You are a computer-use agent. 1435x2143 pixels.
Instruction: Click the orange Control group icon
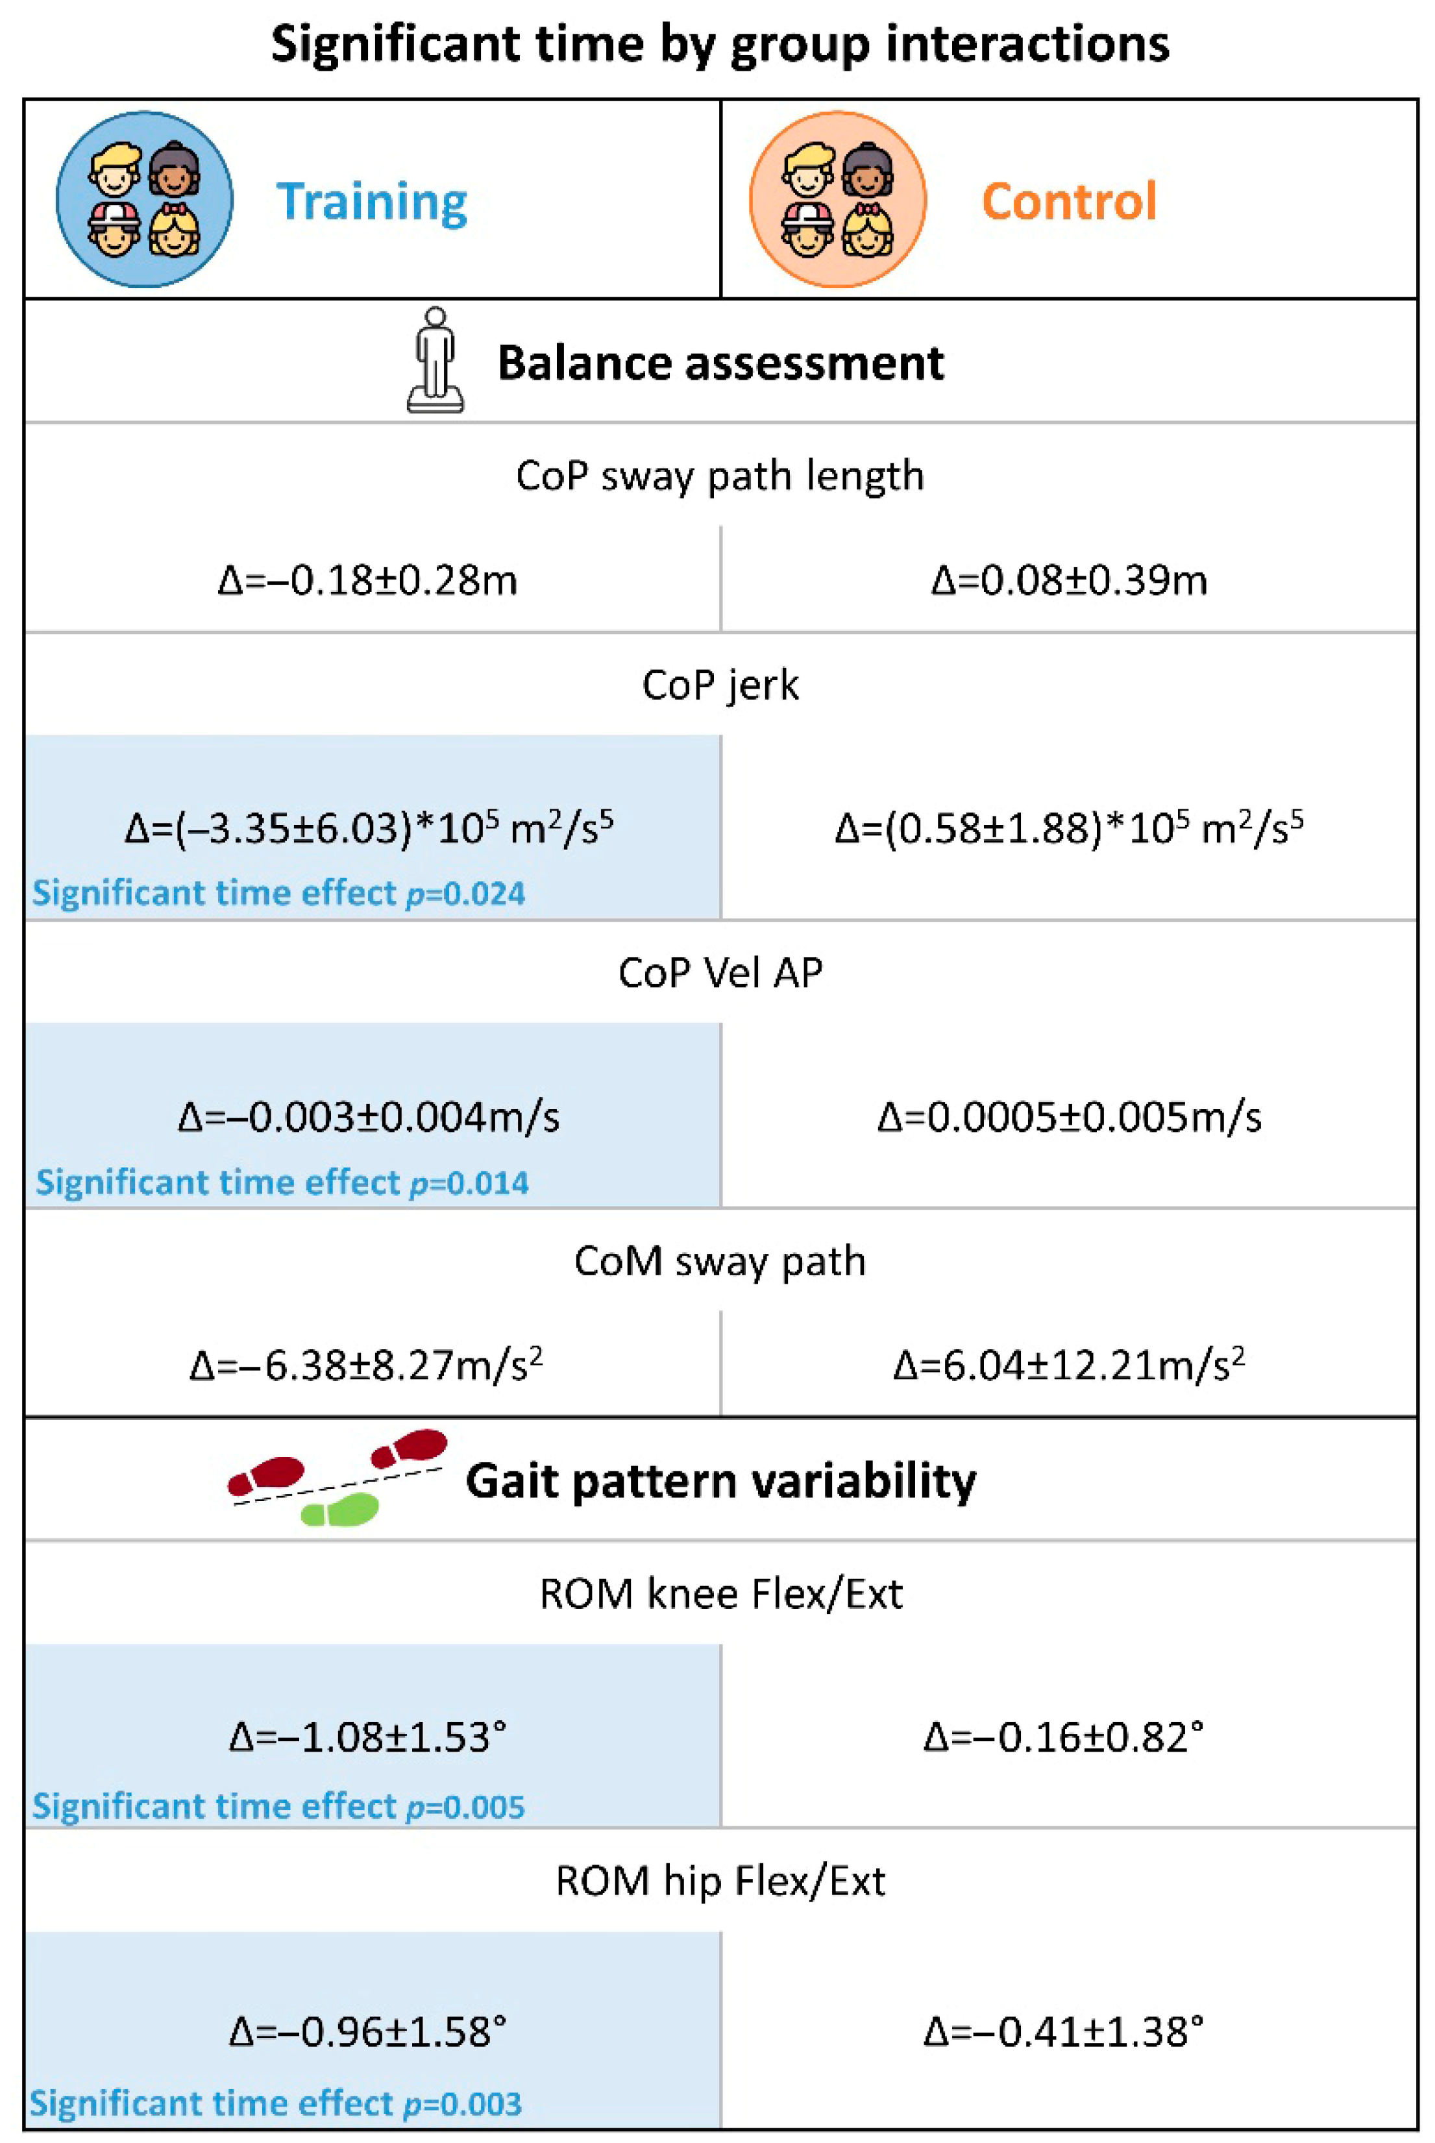coord(837,199)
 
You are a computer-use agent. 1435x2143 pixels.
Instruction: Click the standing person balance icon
coord(435,361)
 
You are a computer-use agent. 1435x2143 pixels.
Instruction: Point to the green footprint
coord(341,1509)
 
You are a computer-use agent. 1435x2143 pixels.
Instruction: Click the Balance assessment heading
coord(720,363)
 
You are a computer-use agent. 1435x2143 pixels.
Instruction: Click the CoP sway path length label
coord(720,476)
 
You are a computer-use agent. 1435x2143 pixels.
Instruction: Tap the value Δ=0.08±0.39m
coord(1069,580)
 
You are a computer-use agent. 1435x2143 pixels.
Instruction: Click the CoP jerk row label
coord(720,685)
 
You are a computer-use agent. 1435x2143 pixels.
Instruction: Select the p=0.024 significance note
coord(279,893)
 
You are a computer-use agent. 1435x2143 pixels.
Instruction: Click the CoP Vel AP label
coord(720,973)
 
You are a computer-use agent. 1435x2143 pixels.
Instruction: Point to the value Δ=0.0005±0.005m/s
coord(1069,1117)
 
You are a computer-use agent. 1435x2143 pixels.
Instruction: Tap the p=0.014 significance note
coord(282,1182)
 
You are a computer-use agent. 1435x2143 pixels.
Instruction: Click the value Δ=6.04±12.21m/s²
coord(1069,1365)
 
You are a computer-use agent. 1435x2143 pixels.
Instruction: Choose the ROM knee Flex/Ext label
coord(720,1594)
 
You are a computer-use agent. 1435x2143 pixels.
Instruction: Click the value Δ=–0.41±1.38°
coord(1064,2031)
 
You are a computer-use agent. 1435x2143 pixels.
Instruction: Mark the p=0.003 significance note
coord(275,2103)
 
